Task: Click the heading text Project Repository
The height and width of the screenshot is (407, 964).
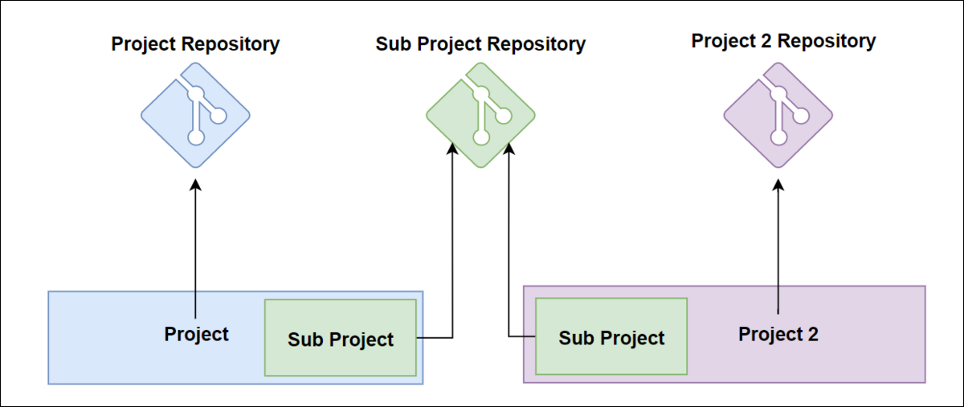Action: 195,43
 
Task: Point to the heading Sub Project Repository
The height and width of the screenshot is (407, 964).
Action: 480,43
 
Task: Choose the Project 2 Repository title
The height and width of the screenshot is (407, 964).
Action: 783,40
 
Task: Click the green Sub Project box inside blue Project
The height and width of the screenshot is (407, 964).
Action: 341,338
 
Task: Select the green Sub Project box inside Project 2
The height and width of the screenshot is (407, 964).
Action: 611,336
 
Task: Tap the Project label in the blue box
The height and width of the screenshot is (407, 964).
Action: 196,334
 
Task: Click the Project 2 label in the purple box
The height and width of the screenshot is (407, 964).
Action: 778,334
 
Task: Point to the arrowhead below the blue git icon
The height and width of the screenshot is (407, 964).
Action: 195,185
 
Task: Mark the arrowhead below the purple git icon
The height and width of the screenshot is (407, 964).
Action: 778,185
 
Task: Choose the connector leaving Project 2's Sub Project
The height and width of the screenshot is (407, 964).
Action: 509,257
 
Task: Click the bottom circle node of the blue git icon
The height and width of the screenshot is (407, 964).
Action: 195,138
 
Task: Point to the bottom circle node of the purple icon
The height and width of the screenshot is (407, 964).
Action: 778,138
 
